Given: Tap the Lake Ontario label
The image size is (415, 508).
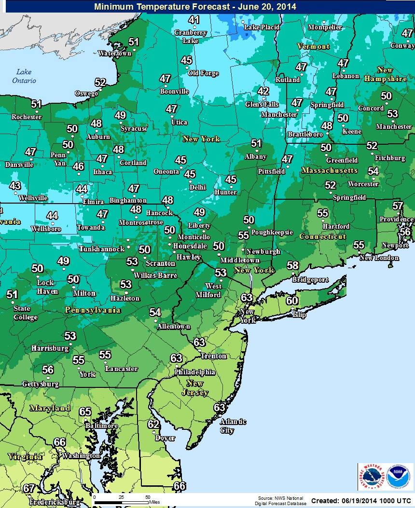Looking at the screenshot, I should point(24,76).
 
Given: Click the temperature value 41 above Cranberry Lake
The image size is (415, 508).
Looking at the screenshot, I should point(194,20).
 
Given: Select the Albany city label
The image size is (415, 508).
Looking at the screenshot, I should point(255,156).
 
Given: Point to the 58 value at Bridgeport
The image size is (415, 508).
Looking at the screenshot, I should point(292,265).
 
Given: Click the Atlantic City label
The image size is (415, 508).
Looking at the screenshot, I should point(233,426).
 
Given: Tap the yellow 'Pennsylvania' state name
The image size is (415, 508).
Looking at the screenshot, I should point(93,310).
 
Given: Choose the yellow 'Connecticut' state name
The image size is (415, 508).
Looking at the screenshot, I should point(323,236).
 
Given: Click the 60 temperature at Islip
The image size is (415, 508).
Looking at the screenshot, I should point(291,301).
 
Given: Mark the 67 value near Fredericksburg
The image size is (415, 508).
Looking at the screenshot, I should point(29,488).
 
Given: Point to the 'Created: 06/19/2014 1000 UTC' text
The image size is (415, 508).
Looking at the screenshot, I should point(361,501).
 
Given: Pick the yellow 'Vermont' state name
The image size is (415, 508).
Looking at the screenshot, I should point(313,46).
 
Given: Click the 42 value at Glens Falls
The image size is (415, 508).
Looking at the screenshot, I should point(263,92).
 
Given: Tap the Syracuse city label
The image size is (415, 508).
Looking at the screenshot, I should point(134,129).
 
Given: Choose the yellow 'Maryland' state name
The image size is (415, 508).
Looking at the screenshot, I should point(50,408).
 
